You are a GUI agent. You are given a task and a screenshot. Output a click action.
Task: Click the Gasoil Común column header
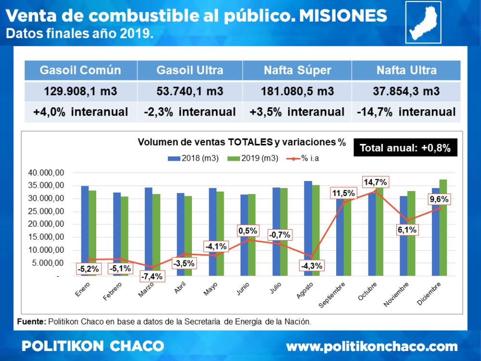pos(80,70)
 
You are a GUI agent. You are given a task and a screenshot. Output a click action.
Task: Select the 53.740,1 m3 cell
pos(190,91)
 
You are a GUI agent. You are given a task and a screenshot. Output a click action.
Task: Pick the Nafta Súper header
pos(297,70)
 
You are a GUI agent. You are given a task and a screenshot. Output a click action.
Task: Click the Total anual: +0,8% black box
pos(405,148)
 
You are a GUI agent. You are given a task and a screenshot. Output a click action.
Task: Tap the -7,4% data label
pos(151,276)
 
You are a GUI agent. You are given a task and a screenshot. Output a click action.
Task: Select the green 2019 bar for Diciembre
pos(443,227)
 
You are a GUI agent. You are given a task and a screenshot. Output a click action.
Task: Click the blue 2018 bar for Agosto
pos(308,228)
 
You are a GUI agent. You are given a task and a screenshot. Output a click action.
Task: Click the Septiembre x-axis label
pos(331,295)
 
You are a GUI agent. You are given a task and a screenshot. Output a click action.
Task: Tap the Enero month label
pos(83,290)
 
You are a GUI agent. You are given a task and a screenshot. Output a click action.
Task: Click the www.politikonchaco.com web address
pos(371,346)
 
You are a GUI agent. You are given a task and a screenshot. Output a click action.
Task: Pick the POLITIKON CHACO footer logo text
pos(93,346)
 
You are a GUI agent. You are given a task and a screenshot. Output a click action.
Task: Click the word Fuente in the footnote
pos(31,321)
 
